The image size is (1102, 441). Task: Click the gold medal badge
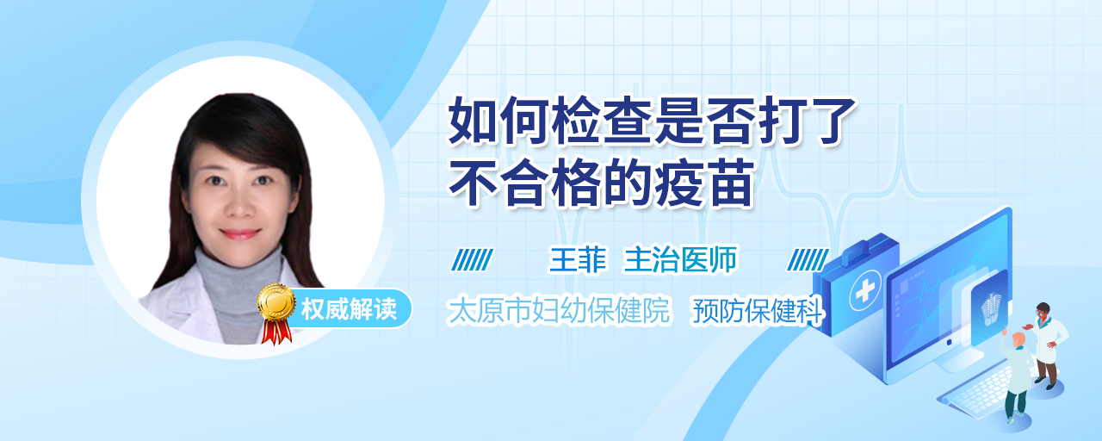[276, 301]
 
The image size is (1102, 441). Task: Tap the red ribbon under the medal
[276, 332]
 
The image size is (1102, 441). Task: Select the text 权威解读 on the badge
[349, 308]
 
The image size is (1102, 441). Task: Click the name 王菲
[578, 259]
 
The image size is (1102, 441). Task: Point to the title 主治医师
[680, 259]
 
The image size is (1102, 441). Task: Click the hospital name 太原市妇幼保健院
[559, 310]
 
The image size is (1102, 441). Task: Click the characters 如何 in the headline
[498, 121]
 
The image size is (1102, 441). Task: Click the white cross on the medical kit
[865, 290]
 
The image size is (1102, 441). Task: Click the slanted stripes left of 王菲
[472, 260]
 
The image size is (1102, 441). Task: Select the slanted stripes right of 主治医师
[808, 260]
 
